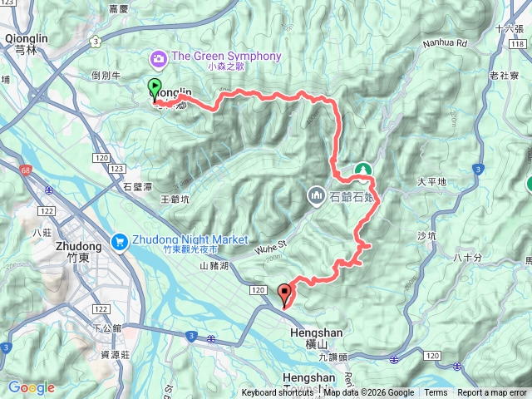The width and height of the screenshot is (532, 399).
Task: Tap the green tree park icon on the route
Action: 362,170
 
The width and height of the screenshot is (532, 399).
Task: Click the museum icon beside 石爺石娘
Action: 316,197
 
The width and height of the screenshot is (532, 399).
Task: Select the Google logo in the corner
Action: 32,387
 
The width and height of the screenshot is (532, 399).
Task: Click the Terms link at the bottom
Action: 436,393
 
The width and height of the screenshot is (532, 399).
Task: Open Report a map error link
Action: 492,393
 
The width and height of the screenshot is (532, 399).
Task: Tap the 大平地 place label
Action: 431,181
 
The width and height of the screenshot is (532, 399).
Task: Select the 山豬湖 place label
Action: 214,265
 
